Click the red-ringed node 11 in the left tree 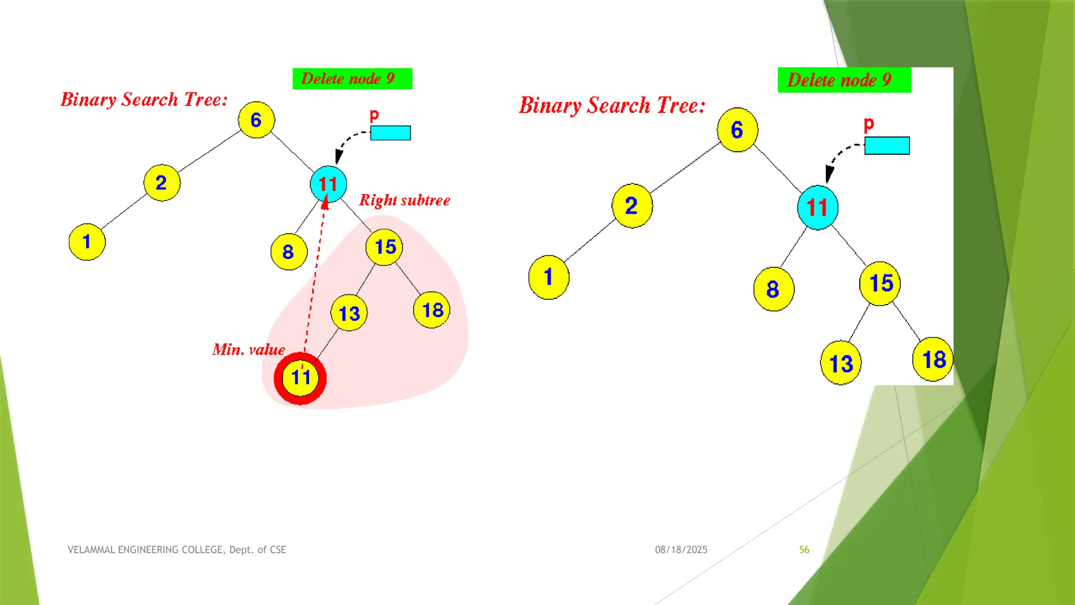(x=300, y=378)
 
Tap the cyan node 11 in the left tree (x=328, y=184)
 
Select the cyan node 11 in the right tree (x=817, y=207)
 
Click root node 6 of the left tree (x=256, y=120)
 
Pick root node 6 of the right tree (x=737, y=130)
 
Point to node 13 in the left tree (x=349, y=313)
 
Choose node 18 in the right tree (x=933, y=359)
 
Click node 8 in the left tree (x=288, y=252)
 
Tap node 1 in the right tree (x=549, y=277)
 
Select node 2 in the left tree (x=162, y=183)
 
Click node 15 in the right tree (x=880, y=284)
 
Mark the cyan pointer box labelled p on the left (x=391, y=133)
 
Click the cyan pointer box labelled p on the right (x=887, y=145)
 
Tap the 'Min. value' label (x=248, y=350)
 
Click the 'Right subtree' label (x=404, y=200)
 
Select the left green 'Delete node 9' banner (x=352, y=79)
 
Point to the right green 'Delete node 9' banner (x=844, y=80)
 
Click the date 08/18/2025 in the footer (x=681, y=550)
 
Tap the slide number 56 (x=804, y=550)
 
